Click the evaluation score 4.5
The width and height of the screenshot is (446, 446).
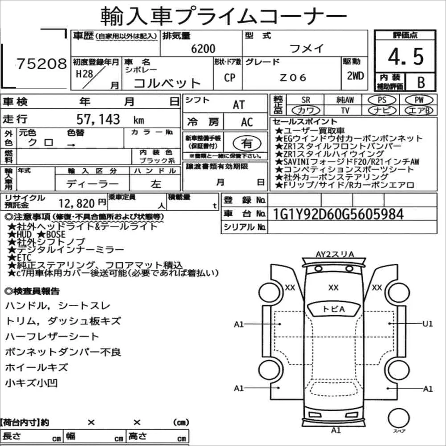click(405, 57)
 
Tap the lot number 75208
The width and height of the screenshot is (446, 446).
click(41, 64)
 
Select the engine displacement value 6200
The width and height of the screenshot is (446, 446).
click(203, 49)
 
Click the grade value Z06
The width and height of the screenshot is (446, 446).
click(293, 77)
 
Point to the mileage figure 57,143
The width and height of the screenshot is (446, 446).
click(98, 119)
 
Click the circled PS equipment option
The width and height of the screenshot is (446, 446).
click(382, 100)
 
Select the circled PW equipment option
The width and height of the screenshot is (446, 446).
click(419, 100)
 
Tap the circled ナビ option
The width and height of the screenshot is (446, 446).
click(382, 110)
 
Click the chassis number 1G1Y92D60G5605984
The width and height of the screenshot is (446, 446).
click(338, 214)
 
